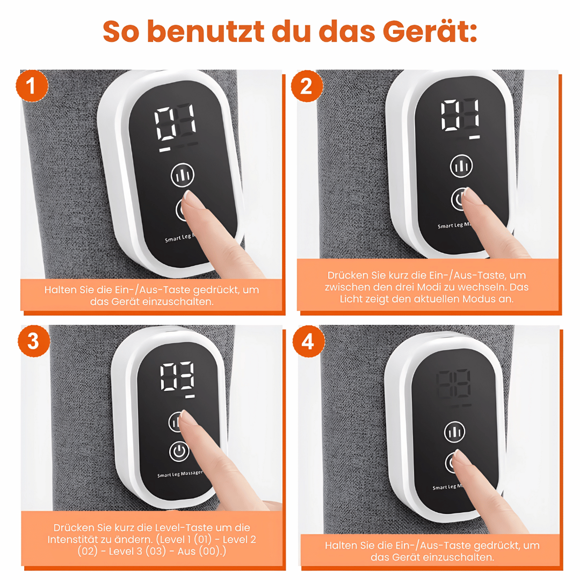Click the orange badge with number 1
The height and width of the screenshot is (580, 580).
click(32, 86)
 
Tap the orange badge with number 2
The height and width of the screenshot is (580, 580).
click(306, 86)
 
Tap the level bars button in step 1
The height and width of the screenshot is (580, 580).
click(183, 175)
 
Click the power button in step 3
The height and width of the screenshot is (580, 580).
click(179, 451)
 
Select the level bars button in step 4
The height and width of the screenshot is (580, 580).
click(454, 432)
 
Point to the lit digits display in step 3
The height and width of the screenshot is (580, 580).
click(178, 376)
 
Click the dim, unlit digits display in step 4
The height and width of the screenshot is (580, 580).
click(454, 383)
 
